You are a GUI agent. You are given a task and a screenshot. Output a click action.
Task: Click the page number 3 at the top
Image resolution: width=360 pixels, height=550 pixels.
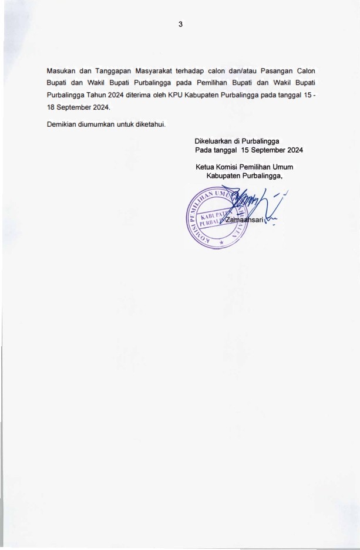(x=181, y=24)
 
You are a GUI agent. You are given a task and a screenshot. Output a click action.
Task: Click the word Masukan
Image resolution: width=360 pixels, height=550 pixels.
(x=62, y=71)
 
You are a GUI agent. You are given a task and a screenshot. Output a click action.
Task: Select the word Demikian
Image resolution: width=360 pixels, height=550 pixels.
(x=62, y=124)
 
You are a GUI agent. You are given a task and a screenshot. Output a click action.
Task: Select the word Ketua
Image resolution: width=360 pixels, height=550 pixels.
(x=205, y=167)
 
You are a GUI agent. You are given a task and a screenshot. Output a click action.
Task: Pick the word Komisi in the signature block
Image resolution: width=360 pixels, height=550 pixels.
(x=231, y=167)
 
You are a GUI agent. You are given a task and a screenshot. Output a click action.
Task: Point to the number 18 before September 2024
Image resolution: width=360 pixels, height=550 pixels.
(x=52, y=107)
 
